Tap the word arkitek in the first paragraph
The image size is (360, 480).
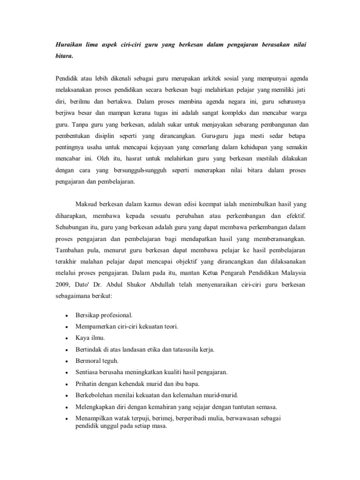[208, 77]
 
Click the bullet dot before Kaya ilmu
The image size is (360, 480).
[67, 338]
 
